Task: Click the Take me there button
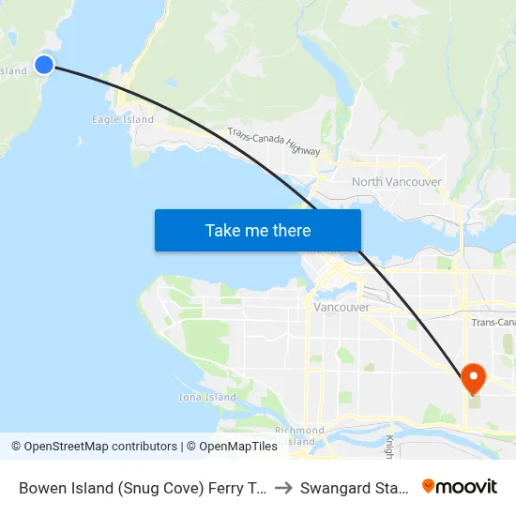point(258,230)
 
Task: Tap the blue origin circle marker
point(44,64)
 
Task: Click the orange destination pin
point(474,378)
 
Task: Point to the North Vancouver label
point(396,181)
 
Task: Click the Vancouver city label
point(341,307)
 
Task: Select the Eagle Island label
point(123,120)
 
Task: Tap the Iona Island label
point(207,397)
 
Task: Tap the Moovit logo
point(460,486)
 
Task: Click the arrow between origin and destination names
point(284,487)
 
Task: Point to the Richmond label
point(299,431)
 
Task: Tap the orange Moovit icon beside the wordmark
point(429,486)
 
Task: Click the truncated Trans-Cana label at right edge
point(493,322)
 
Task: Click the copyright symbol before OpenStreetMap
point(17,447)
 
